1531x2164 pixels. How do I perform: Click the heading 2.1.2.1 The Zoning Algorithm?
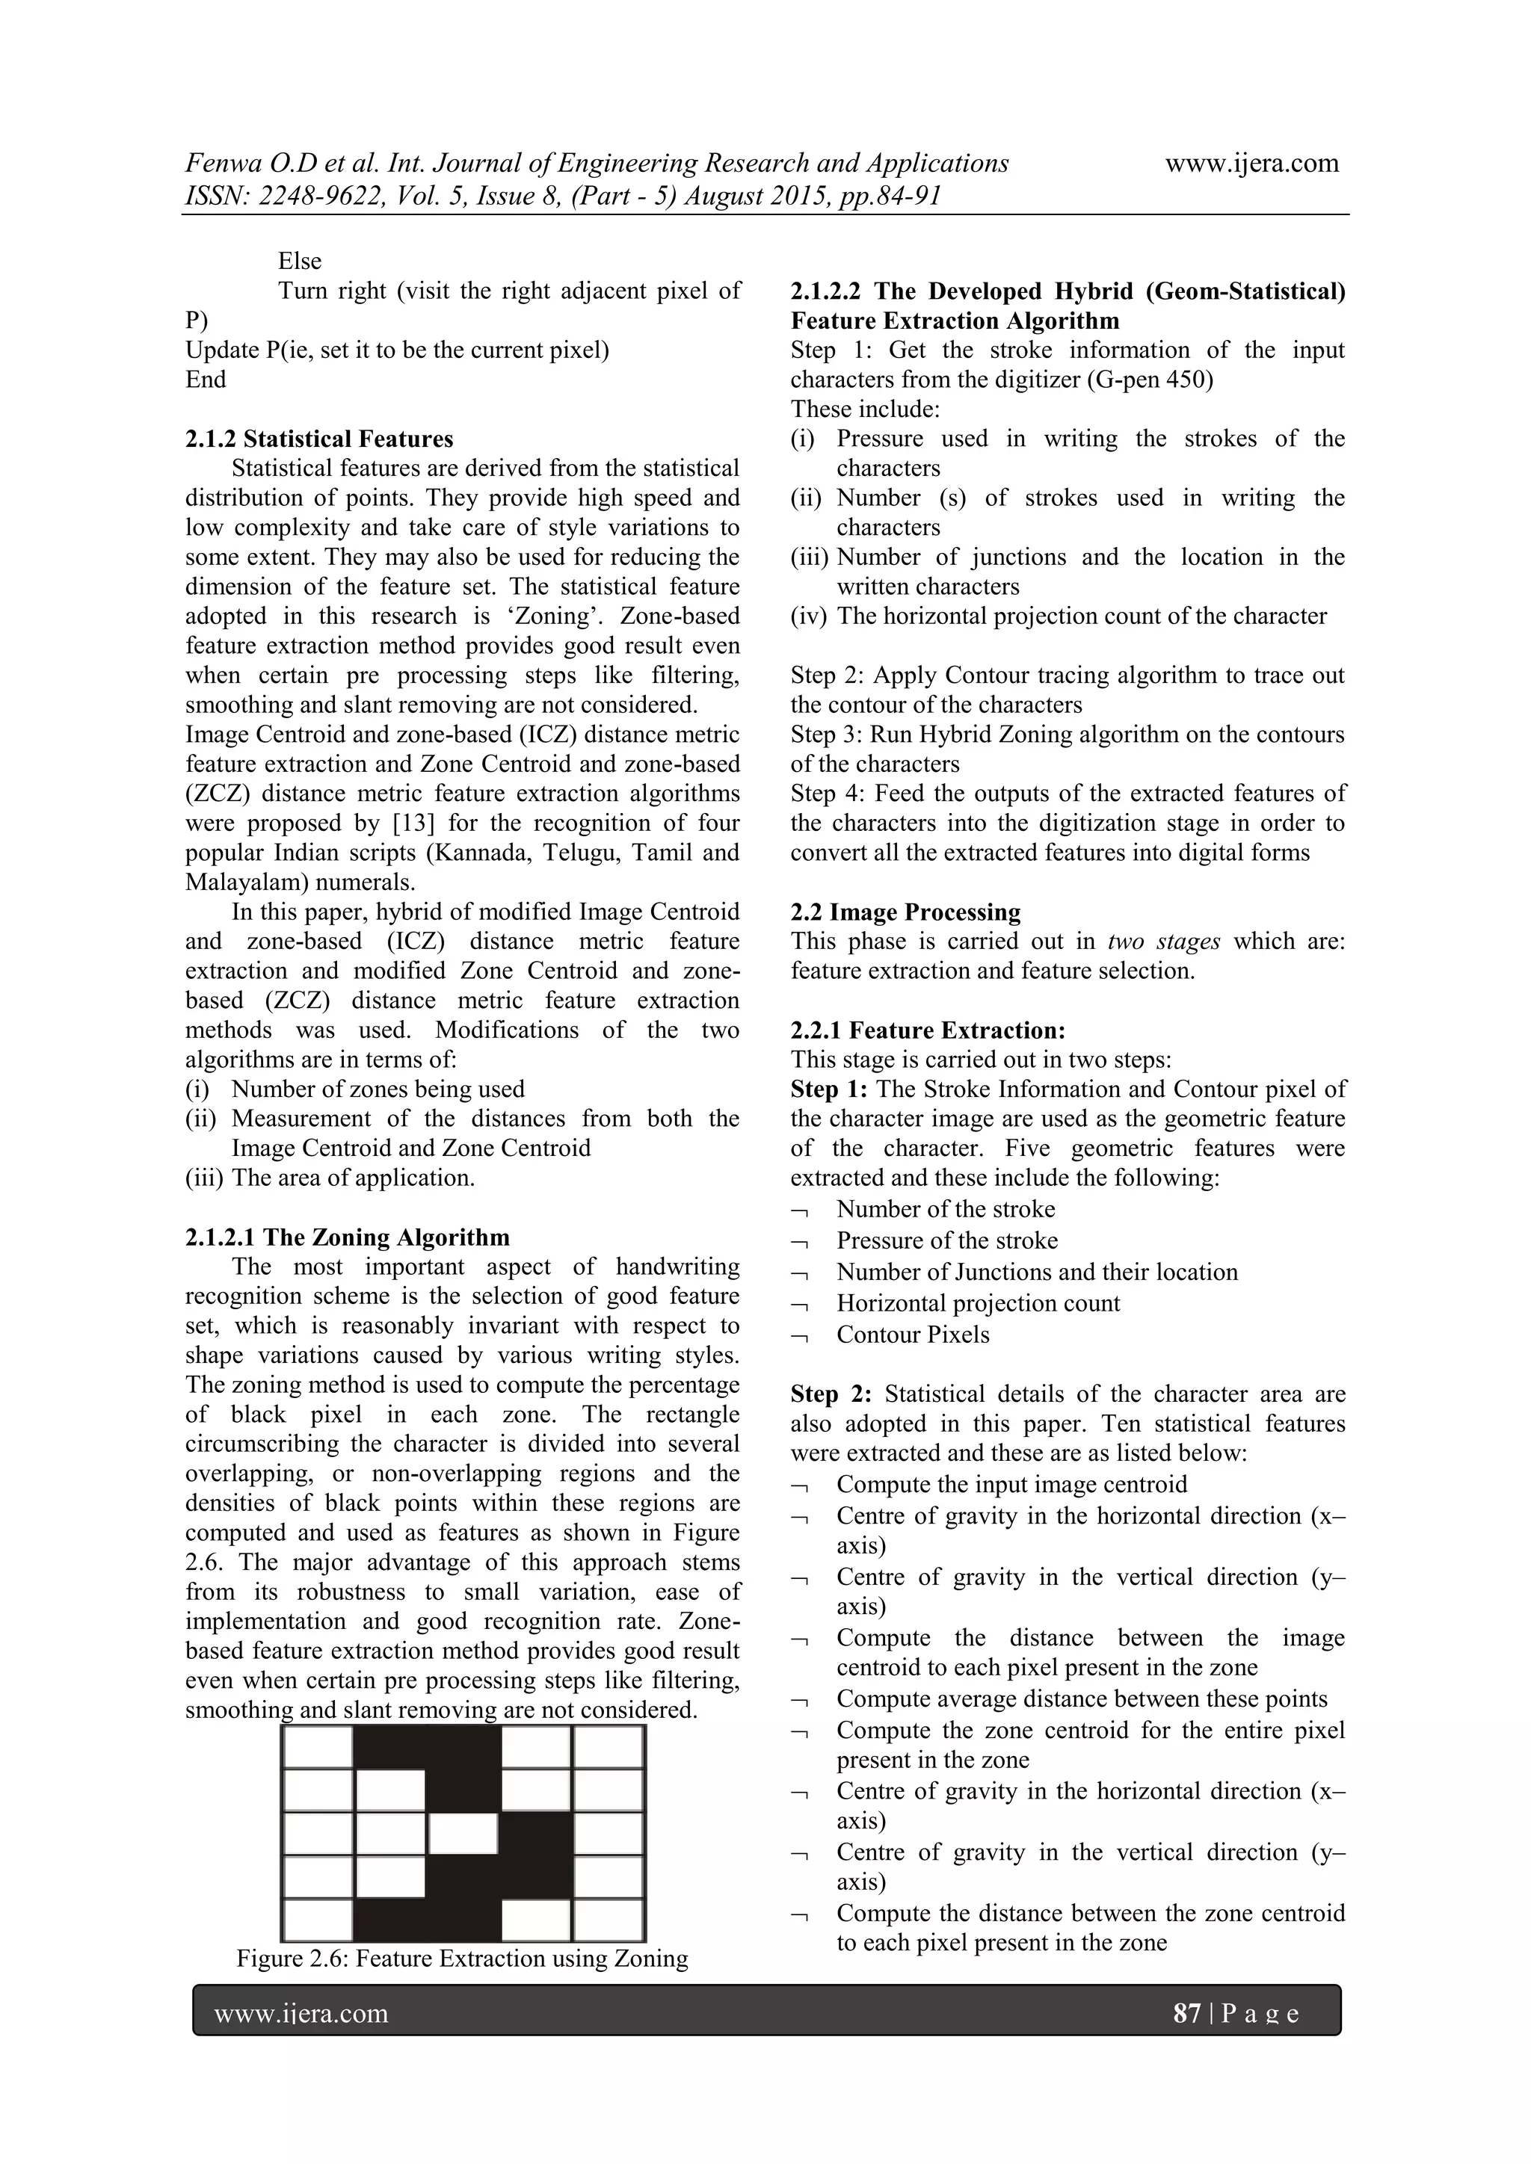point(347,1237)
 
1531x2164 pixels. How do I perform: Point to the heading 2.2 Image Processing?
point(905,912)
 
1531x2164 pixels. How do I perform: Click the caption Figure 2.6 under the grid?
point(462,1959)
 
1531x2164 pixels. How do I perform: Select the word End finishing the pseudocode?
point(206,380)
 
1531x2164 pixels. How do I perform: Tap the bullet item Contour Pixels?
point(913,1335)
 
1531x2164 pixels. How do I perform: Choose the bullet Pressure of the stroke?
point(946,1240)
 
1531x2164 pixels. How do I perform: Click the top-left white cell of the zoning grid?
point(318,1746)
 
